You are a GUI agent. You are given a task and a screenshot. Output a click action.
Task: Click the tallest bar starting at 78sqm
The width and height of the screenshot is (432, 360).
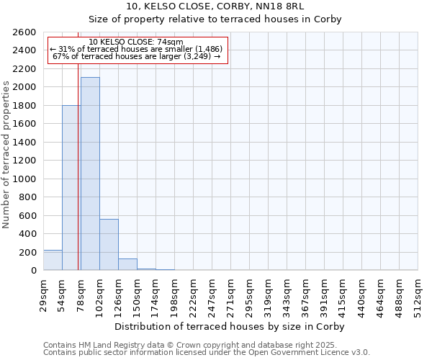click(x=90, y=174)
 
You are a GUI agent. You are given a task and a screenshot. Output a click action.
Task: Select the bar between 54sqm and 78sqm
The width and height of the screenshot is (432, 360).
click(x=71, y=188)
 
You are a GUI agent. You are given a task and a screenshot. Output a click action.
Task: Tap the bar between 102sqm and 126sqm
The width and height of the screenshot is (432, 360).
click(x=109, y=245)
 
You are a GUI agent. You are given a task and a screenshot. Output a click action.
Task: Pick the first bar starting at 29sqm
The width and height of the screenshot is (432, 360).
click(x=53, y=260)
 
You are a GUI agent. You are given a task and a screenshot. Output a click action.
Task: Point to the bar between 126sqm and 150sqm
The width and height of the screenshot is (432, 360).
click(x=127, y=264)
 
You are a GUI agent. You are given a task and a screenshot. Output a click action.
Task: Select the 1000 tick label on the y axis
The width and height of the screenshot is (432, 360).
click(x=25, y=179)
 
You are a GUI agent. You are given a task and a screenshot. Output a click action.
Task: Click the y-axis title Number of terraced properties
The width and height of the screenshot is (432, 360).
click(x=6, y=154)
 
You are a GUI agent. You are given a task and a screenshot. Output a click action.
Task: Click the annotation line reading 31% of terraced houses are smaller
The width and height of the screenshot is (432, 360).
click(x=137, y=49)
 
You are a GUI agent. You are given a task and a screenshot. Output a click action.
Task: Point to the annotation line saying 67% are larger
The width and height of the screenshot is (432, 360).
click(x=137, y=56)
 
